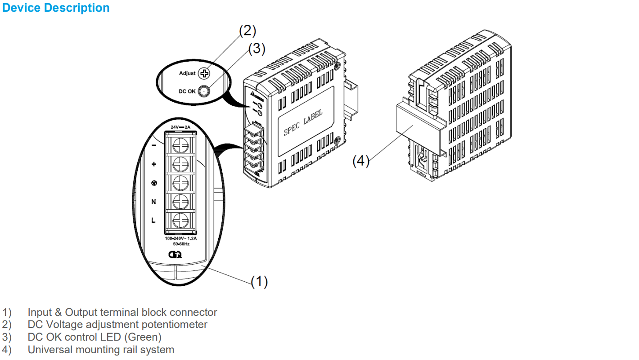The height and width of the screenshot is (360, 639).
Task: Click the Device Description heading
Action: [56, 8]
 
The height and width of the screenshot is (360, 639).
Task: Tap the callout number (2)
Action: [247, 31]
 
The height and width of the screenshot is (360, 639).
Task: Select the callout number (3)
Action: [257, 48]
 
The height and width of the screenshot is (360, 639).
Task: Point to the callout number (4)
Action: [361, 161]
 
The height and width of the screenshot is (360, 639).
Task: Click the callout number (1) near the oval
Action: [259, 281]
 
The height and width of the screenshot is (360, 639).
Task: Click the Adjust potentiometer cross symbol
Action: [205, 73]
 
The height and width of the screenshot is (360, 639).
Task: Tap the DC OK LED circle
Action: [205, 91]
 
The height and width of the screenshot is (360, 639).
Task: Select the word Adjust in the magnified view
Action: [187, 73]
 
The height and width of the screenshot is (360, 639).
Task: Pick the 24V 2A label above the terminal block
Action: [180, 127]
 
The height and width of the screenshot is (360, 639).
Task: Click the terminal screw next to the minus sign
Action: [180, 144]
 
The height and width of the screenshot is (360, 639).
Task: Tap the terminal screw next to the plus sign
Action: [180, 164]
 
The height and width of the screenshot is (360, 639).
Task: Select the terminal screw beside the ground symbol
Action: [180, 183]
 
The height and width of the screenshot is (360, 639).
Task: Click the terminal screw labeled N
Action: [180, 202]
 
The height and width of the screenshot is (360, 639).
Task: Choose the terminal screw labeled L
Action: [180, 220]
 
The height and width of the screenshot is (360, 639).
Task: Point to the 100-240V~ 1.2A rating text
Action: [180, 238]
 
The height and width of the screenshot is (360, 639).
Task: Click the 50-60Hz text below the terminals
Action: [181, 244]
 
